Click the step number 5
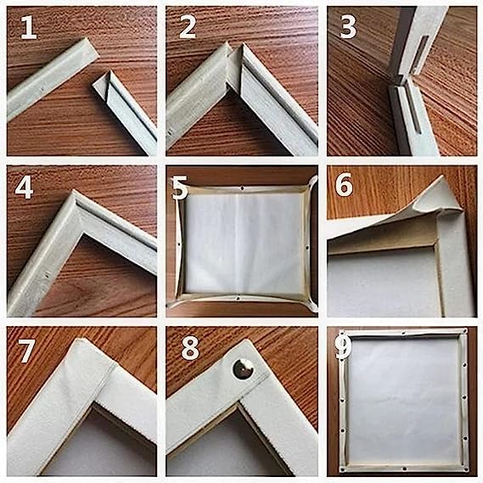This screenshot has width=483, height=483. [180, 188]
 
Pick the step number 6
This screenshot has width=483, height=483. [345, 185]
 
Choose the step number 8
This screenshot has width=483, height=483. [188, 348]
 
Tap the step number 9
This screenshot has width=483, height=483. [344, 346]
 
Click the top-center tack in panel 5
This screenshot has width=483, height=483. [242, 181]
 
